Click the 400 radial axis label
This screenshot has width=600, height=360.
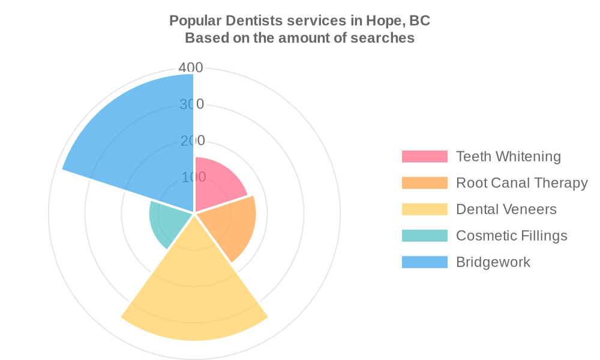click(192, 68)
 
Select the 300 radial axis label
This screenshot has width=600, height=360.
click(192, 104)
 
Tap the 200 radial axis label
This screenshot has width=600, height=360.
click(193, 141)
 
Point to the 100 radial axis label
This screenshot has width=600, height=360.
click(193, 178)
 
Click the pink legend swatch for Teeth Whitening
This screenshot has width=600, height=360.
click(425, 157)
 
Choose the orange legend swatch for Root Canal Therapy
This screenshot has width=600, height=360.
click(425, 183)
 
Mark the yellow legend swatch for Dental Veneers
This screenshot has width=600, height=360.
click(425, 209)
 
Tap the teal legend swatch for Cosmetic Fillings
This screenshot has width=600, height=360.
click(425, 236)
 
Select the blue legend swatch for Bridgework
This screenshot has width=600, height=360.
click(425, 262)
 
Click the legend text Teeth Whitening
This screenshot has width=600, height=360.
click(508, 157)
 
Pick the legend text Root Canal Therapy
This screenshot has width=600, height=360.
click(521, 183)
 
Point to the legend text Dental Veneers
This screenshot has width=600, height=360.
click(506, 209)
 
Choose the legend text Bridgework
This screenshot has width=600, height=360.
click(493, 262)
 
